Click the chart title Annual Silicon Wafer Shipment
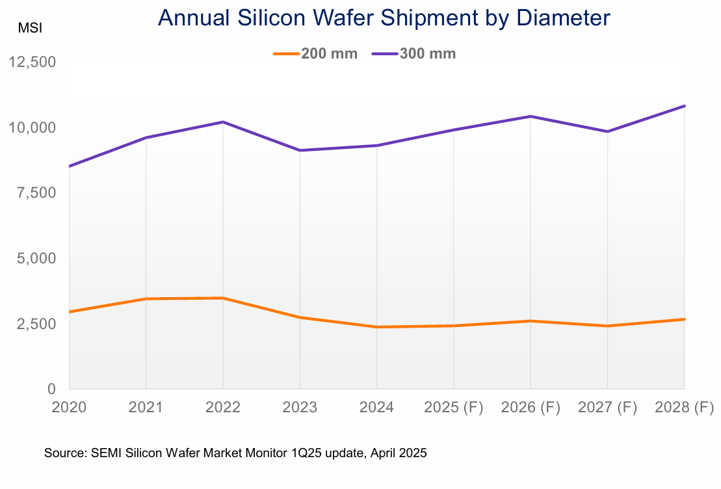point(384,18)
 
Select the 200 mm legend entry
point(315,53)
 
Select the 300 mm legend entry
point(414,53)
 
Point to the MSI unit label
point(29,29)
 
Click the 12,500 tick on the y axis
point(32,62)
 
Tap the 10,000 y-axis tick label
point(32,127)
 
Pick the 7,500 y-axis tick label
point(36,193)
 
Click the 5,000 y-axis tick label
point(36,258)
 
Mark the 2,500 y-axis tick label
point(36,324)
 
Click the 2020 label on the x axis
point(68,408)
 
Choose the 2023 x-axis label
point(300,408)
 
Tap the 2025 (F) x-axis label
point(454,408)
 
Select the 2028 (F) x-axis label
point(685,408)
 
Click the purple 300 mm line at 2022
point(223,122)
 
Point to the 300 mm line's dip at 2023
point(300,150)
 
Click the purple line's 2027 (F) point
point(607,131)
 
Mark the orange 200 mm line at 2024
point(377,327)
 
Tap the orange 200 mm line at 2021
point(146,298)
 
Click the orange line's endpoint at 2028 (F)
point(685,319)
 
